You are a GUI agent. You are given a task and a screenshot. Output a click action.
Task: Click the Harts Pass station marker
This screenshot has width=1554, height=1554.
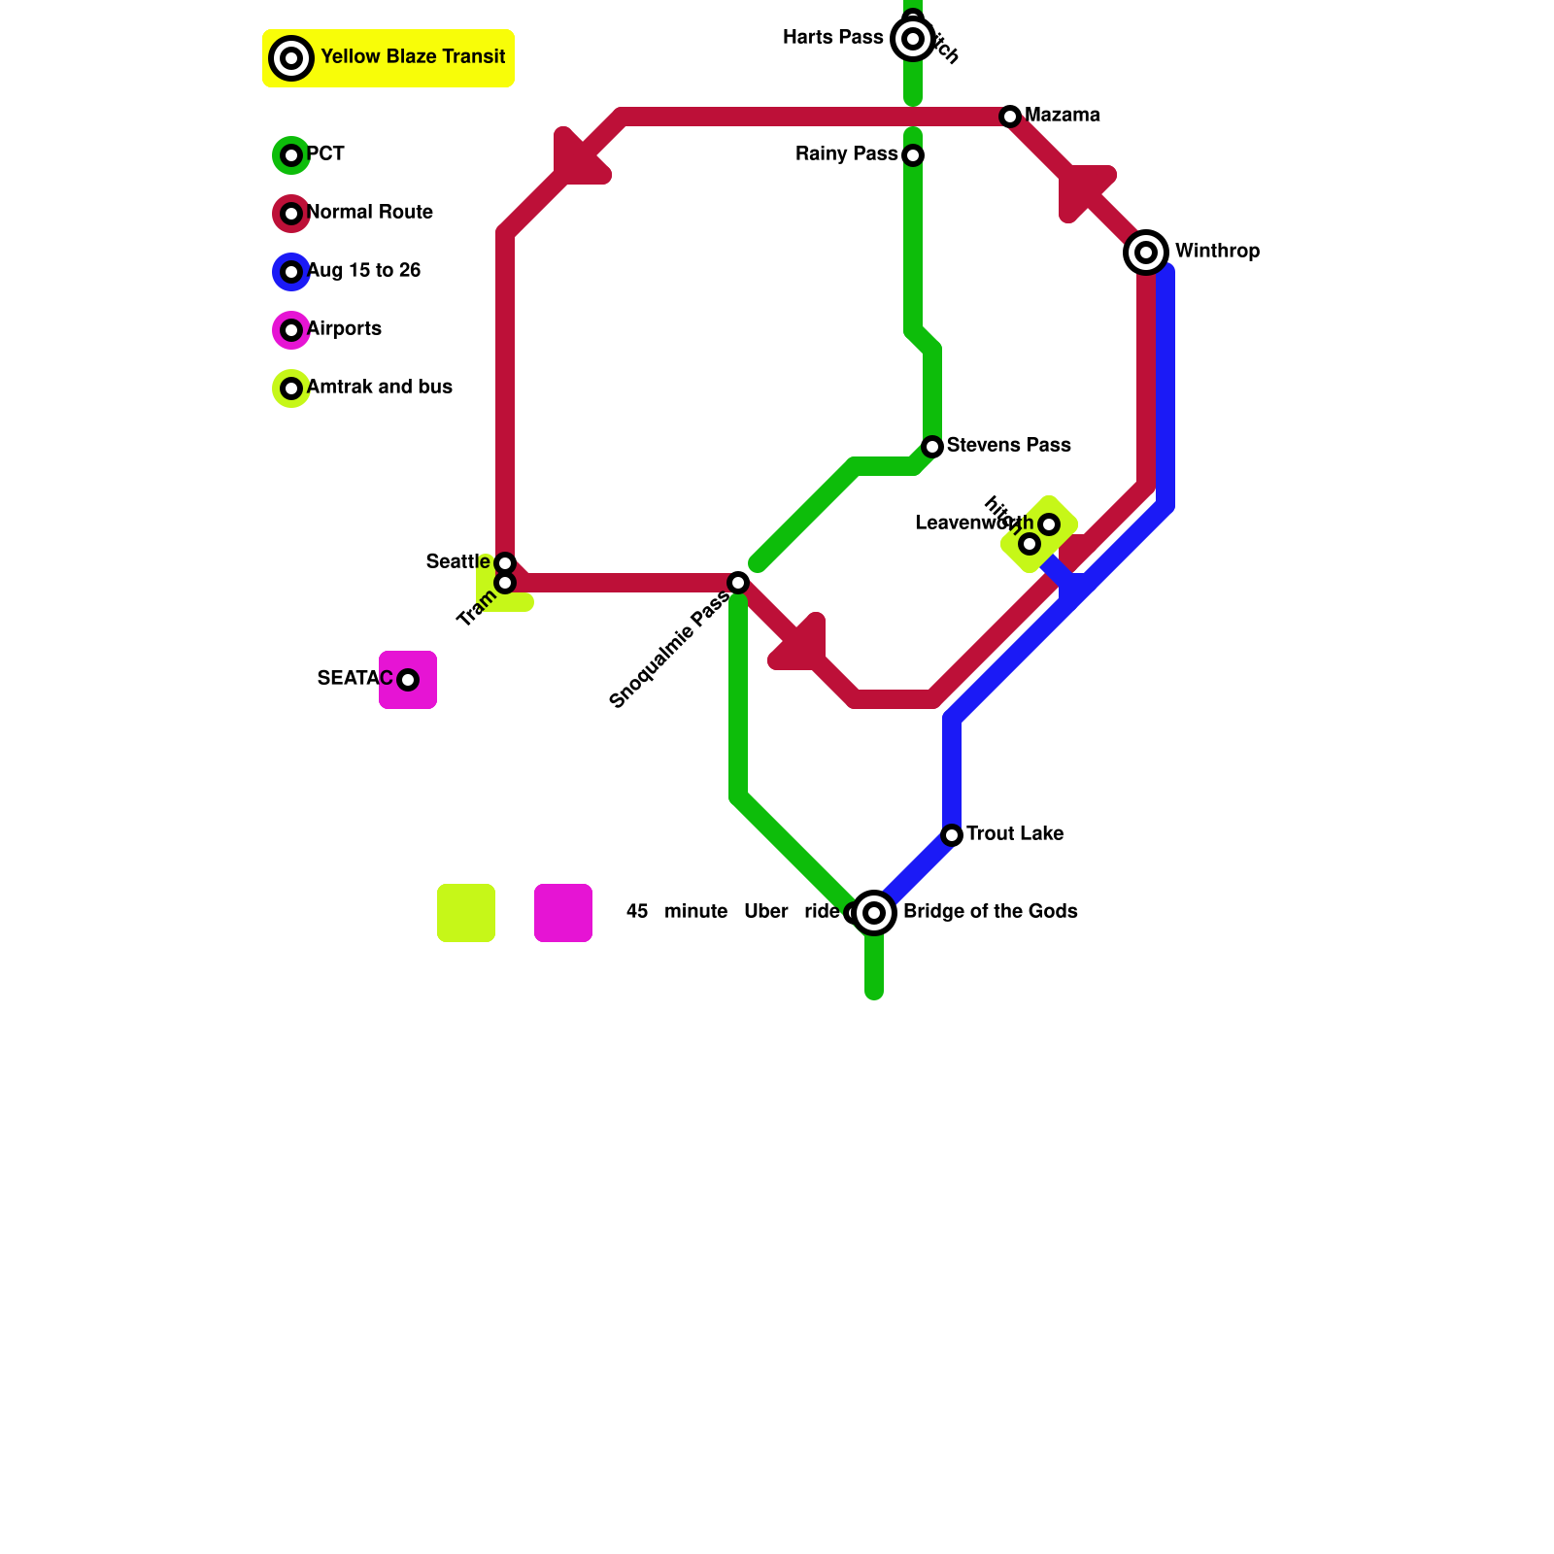click(912, 39)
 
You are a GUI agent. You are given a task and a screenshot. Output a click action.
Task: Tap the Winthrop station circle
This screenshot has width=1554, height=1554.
click(1146, 253)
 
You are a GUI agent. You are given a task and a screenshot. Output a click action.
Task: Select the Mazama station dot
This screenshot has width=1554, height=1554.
click(1010, 117)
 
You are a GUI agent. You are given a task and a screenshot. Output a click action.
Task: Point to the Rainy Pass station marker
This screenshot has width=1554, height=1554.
click(913, 155)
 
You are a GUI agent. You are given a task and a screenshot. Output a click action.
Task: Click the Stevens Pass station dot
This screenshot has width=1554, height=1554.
click(932, 447)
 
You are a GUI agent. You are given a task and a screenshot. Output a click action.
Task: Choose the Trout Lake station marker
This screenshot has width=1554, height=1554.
click(952, 835)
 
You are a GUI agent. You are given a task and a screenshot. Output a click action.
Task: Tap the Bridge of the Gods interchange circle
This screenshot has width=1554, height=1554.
click(874, 913)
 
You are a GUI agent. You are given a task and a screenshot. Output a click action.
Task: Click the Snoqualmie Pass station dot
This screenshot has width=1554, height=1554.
click(738, 583)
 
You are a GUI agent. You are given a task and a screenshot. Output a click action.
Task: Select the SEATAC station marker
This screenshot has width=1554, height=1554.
click(408, 680)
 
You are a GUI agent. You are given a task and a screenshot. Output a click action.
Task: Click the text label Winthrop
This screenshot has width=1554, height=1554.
click(1217, 252)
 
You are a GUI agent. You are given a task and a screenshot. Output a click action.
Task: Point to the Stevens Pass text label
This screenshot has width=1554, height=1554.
click(1008, 446)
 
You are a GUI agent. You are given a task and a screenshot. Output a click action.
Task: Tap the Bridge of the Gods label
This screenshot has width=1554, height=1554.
click(990, 912)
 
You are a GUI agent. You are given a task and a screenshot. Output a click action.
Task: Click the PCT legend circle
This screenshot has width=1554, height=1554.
click(291, 155)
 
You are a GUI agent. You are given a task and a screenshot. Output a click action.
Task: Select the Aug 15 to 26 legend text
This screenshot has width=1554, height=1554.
click(363, 271)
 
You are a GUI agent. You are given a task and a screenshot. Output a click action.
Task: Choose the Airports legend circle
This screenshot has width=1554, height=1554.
click(291, 330)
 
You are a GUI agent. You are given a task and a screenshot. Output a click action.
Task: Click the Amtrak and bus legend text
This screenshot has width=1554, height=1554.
click(379, 388)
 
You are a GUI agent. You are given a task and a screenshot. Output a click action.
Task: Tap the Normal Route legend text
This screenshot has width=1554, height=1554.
click(369, 213)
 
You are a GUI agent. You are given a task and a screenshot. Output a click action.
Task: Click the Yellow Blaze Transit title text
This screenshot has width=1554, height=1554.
click(413, 57)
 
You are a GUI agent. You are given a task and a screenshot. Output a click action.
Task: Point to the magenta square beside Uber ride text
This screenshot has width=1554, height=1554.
click(563, 913)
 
